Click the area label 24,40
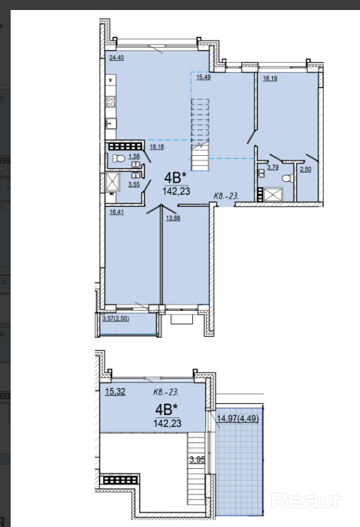pyautogui.click(x=116, y=58)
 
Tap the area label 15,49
pyautogui.click(x=203, y=77)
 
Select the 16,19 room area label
pyautogui.click(x=270, y=78)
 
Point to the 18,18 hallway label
pyautogui.click(x=157, y=147)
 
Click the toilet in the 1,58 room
pyautogui.click(x=118, y=158)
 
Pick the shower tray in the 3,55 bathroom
pyautogui.click(x=112, y=182)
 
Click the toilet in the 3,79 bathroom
pyautogui.click(x=287, y=178)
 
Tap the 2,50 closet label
pyautogui.click(x=306, y=170)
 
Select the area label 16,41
pyautogui.click(x=116, y=212)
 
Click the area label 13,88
pyautogui.click(x=173, y=218)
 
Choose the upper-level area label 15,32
pyautogui.click(x=115, y=392)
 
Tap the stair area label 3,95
pyautogui.click(x=197, y=459)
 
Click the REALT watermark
pyautogui.click(x=306, y=501)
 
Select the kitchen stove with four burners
pyautogui.click(x=111, y=101)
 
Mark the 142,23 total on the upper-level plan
pyautogui.click(x=167, y=423)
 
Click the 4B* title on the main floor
pyautogui.click(x=175, y=177)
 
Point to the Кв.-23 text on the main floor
pyautogui.click(x=226, y=196)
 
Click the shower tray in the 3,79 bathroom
pyautogui.click(x=273, y=194)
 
